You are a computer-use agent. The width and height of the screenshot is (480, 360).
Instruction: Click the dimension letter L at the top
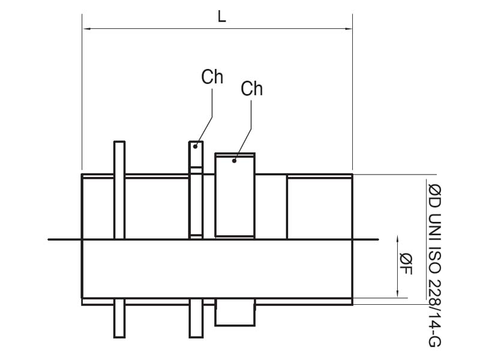[222, 17]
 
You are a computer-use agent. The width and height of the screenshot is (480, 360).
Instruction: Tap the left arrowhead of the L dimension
[86, 28]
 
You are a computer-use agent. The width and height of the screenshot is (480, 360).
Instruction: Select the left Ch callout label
[212, 77]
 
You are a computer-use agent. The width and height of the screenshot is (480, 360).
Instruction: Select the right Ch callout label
[252, 89]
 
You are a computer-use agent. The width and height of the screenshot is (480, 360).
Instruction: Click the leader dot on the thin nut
[196, 146]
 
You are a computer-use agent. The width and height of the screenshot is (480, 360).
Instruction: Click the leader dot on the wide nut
[235, 160]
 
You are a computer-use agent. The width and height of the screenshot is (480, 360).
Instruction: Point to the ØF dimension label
[406, 265]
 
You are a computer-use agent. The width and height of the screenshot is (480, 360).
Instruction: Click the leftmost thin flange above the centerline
[119, 190]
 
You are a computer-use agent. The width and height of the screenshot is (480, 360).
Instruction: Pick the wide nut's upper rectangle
[235, 195]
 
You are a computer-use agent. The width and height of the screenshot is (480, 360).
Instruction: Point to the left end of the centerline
[49, 239]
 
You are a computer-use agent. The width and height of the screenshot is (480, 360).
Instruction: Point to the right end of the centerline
[378, 239]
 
